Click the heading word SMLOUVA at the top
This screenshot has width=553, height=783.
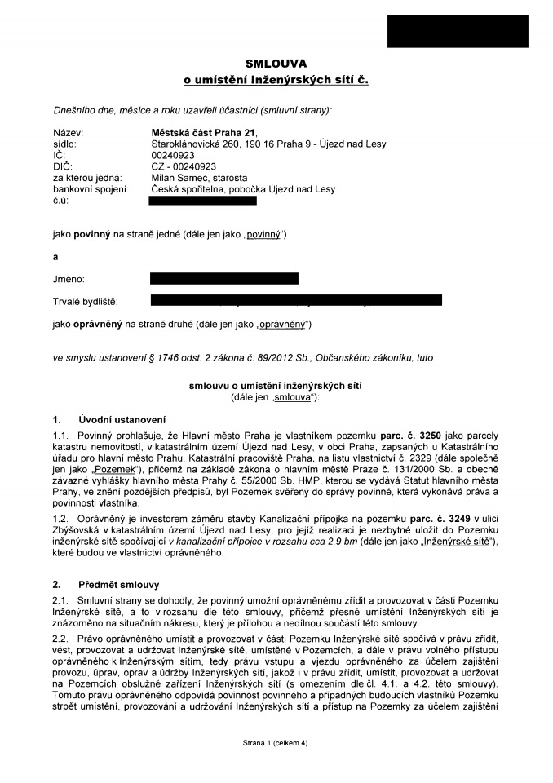click(x=276, y=64)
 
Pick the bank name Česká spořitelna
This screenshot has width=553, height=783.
click(x=189, y=189)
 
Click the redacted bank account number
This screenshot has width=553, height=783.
click(x=203, y=200)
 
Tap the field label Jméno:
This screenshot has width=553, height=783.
click(x=69, y=279)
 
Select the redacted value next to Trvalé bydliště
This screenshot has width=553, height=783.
click(x=296, y=301)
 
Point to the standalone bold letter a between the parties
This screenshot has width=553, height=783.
click(x=55, y=256)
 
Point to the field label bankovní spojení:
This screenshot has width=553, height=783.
click(x=91, y=189)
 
